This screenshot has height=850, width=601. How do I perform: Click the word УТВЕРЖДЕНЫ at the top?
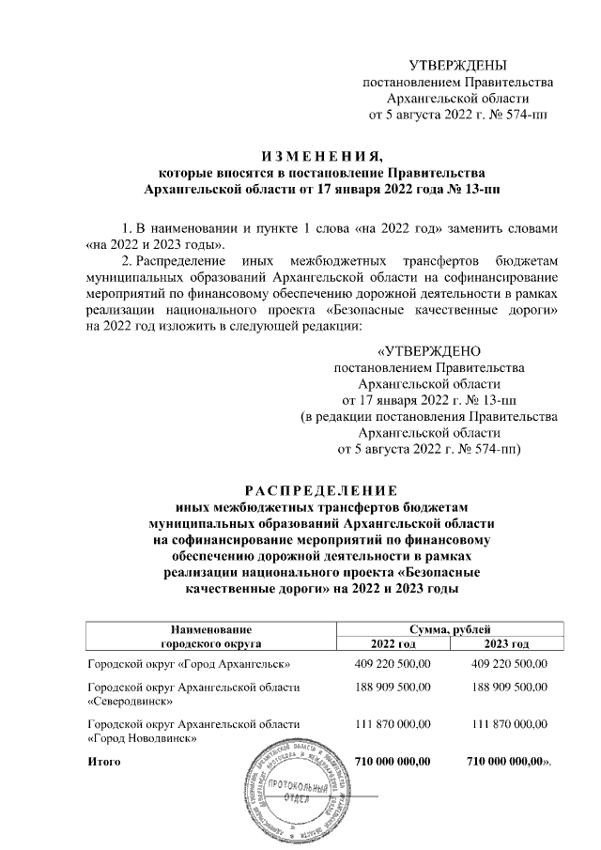[x=458, y=65]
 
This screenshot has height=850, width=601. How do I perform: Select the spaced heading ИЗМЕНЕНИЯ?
[x=322, y=155]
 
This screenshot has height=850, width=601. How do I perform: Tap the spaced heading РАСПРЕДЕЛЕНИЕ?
[x=322, y=489]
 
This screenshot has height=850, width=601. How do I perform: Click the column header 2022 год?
[x=393, y=643]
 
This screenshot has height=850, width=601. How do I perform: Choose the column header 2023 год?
[x=505, y=643]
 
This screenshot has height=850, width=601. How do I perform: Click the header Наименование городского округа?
[x=209, y=636]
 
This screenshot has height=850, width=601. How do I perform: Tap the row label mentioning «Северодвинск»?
[x=193, y=694]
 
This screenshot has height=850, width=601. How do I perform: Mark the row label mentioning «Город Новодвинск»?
[x=193, y=732]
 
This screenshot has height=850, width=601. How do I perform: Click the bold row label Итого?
[x=103, y=760]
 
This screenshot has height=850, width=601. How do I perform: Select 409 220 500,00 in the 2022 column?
[x=392, y=664]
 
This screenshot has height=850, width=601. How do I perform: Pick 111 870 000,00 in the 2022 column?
[x=392, y=724]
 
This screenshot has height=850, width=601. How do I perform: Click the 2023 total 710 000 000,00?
[x=505, y=760]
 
